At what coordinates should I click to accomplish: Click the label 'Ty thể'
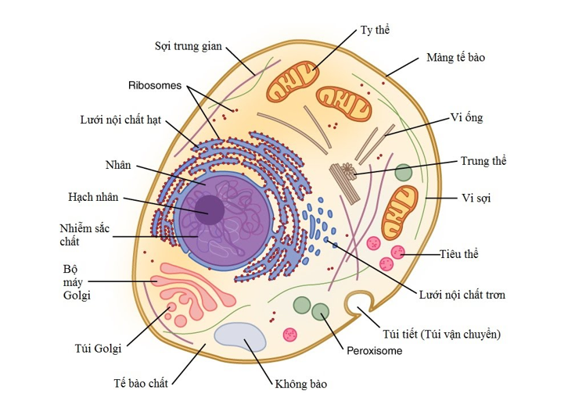[375, 30]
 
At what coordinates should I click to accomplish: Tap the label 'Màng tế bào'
[456, 58]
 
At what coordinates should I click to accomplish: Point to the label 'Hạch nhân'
[93, 197]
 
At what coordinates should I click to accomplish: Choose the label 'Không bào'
[300, 384]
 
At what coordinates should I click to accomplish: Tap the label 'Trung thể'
[483, 161]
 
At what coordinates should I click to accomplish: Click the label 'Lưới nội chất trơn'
[462, 295]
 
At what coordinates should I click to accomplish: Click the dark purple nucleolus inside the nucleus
[210, 209]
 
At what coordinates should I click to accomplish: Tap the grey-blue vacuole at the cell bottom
[241, 337]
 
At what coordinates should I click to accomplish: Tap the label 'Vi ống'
[467, 118]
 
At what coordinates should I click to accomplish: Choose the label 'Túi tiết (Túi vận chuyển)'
[440, 334]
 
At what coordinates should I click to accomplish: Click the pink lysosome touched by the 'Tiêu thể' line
[398, 252]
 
